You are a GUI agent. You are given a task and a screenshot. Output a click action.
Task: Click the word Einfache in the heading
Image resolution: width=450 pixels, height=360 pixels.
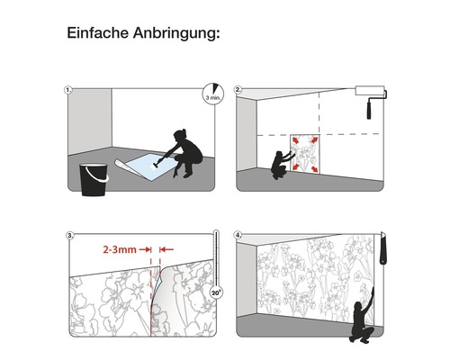click(98, 32)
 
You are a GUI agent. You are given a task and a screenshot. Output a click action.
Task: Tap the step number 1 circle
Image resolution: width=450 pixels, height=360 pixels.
click(68, 90)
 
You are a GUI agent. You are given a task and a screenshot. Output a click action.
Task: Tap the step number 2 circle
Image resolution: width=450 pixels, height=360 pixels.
click(238, 90)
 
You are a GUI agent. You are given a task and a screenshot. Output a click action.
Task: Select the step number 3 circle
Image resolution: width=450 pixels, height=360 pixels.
click(69, 236)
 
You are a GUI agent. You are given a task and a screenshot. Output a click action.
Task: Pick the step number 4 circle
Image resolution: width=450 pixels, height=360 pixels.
click(238, 235)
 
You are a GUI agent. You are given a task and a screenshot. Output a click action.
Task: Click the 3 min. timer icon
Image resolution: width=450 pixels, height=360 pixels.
click(213, 94)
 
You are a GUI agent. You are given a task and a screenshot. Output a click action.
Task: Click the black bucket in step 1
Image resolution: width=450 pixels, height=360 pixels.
click(94, 179)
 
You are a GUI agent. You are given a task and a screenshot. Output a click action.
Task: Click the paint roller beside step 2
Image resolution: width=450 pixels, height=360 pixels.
click(371, 99)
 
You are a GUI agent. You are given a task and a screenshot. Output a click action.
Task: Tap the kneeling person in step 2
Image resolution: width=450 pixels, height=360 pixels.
click(282, 165)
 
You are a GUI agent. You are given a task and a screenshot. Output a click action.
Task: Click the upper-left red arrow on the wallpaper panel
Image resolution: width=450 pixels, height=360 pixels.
click(295, 140)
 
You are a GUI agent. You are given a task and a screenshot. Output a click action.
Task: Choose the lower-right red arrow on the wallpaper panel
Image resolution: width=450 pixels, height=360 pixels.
click(314, 169)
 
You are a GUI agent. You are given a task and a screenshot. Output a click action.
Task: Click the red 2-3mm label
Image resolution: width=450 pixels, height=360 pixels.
click(120, 249)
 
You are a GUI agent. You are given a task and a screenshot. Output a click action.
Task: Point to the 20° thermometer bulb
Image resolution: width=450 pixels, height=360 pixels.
click(216, 292)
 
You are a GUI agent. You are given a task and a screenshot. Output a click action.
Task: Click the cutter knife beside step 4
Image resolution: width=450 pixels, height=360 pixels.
click(383, 247)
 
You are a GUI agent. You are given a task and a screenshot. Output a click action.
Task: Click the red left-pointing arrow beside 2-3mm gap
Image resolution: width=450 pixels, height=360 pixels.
click(166, 249)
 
